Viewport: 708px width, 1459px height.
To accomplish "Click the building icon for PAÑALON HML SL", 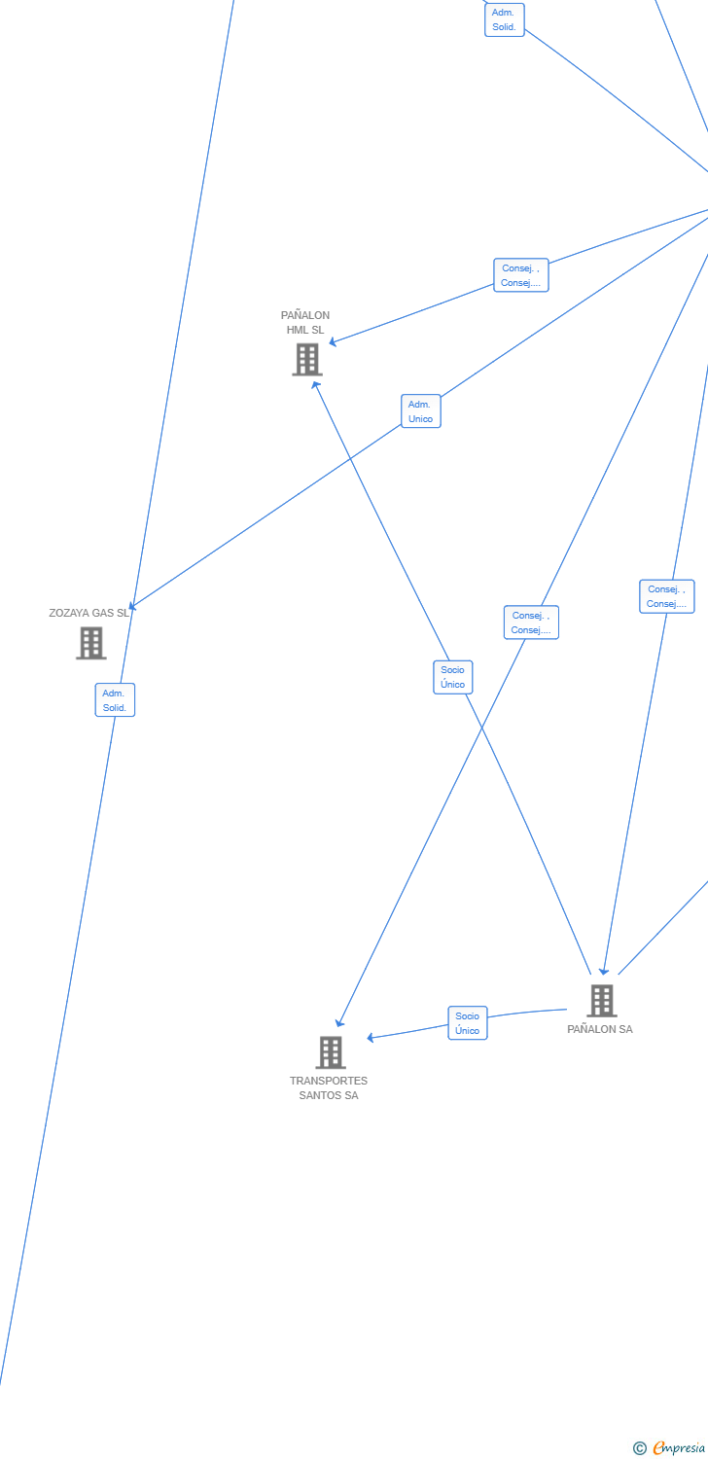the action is click(307, 360).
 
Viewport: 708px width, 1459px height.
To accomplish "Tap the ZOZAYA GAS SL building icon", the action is click(91, 643).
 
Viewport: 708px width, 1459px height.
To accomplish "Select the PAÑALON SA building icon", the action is click(602, 1000).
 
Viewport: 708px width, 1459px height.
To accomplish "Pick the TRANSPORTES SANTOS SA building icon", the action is click(331, 1051).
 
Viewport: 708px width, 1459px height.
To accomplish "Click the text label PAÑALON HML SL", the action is click(305, 323).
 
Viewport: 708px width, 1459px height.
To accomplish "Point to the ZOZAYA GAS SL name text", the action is click(88, 614).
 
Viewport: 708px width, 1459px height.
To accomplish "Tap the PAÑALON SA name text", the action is click(600, 1029).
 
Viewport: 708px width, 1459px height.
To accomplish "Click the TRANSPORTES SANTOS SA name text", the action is click(329, 1087).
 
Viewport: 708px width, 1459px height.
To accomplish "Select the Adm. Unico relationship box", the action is click(421, 411).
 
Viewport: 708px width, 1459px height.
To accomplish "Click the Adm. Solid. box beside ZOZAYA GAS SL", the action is click(115, 700).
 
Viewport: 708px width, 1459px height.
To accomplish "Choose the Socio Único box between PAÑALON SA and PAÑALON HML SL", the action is click(453, 677).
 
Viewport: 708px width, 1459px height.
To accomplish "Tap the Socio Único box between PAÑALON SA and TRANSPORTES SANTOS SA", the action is click(468, 1023).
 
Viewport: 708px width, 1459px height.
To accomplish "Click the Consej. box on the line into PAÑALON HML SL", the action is click(521, 275).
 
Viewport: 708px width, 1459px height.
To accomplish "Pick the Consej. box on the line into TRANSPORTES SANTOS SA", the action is click(531, 623).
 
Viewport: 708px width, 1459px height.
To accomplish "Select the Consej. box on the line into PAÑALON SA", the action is click(667, 596).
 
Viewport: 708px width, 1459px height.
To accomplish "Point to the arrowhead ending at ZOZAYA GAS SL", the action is click(133, 606).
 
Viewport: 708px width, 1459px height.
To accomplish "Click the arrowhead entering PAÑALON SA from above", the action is click(604, 970).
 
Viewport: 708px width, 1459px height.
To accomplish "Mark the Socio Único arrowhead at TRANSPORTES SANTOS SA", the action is click(371, 1038).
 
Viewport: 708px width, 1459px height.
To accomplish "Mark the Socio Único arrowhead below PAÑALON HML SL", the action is click(315, 385).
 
